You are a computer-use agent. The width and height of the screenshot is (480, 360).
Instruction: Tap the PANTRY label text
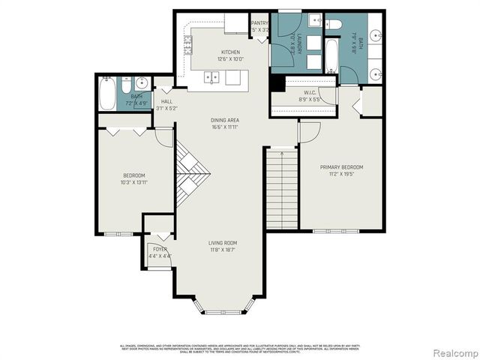[x=259, y=24]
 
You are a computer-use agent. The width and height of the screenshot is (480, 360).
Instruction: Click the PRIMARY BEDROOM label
[x=341, y=167]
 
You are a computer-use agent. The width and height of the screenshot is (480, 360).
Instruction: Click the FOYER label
[x=160, y=249]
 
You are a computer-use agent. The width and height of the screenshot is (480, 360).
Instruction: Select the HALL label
[x=166, y=100]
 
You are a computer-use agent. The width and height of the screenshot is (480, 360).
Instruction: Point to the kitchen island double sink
[x=212, y=76]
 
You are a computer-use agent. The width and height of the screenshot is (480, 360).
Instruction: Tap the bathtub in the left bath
[x=109, y=93]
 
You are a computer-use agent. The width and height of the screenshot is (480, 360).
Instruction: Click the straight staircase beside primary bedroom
[x=282, y=187]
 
